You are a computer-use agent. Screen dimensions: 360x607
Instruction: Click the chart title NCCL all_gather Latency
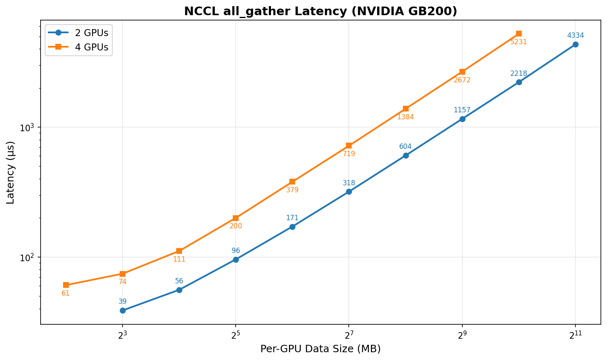tap(321, 11)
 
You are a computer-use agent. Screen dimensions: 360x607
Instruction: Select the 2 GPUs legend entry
tap(91, 33)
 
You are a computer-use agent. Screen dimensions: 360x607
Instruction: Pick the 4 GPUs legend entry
tap(91, 48)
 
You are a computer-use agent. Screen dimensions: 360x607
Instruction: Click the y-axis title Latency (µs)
tap(11, 172)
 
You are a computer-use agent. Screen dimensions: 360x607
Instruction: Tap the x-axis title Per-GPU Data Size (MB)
tap(321, 349)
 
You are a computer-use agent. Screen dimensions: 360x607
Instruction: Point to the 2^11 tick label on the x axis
tap(575, 335)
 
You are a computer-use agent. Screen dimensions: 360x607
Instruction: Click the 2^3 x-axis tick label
tap(122, 335)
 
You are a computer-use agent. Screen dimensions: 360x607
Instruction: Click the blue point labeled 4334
tap(575, 44)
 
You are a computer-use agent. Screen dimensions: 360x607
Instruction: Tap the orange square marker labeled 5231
tap(519, 34)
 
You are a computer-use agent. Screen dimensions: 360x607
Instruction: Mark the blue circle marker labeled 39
tap(123, 310)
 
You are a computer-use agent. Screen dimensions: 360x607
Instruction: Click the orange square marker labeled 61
tap(66, 285)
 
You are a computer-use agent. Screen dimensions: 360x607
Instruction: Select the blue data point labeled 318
tap(349, 191)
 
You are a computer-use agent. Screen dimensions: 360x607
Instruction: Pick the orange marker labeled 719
tap(349, 146)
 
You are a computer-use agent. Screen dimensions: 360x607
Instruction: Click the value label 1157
tap(462, 110)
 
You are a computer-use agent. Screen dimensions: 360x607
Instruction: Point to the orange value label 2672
tap(462, 80)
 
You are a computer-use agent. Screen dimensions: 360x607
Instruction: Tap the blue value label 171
tap(292, 218)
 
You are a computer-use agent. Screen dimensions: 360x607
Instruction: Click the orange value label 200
tap(236, 226)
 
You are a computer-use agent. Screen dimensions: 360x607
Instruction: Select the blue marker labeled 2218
tap(519, 82)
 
